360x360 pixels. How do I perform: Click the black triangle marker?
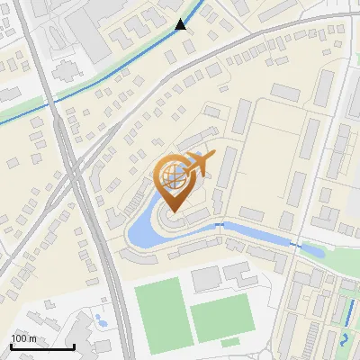[x=182, y=24]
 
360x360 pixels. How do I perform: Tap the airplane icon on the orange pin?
[x=199, y=164]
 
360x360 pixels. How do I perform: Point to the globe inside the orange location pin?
[x=173, y=176]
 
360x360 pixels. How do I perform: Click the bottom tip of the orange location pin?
[x=173, y=211]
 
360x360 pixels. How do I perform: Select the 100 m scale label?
[x=23, y=337]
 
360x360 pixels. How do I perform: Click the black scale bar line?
[x=41, y=346]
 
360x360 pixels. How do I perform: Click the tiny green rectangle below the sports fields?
[x=230, y=342]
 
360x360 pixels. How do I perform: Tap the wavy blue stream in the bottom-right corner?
[x=346, y=340]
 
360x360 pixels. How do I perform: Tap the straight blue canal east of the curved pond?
[x=261, y=232]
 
